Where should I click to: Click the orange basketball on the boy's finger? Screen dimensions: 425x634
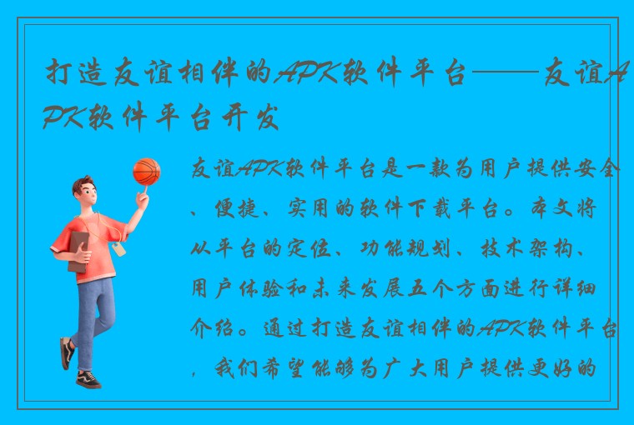146,172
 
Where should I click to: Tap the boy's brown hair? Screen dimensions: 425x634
83,187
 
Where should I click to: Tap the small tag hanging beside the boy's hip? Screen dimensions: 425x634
118,249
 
